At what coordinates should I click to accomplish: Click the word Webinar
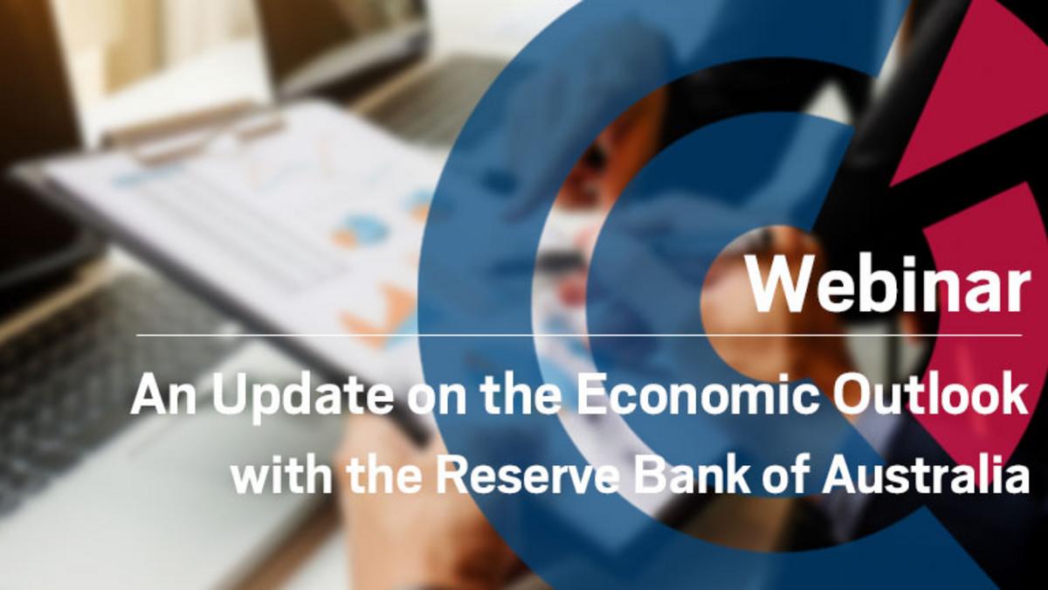[x=889, y=286]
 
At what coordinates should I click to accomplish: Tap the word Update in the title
[x=300, y=397]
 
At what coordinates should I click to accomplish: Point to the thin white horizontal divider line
[x=579, y=336]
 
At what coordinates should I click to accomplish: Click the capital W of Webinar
[x=781, y=286]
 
